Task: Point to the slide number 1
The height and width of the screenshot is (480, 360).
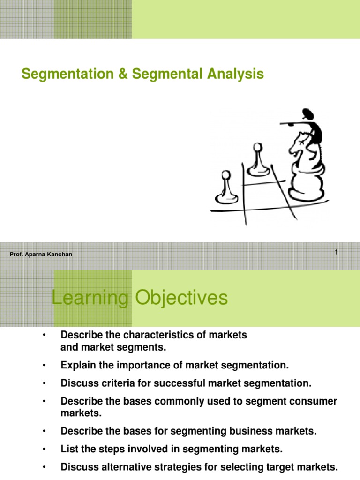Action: point(336,253)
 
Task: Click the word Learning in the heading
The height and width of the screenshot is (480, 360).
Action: point(89,298)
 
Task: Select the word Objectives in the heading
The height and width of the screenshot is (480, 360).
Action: point(180,298)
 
